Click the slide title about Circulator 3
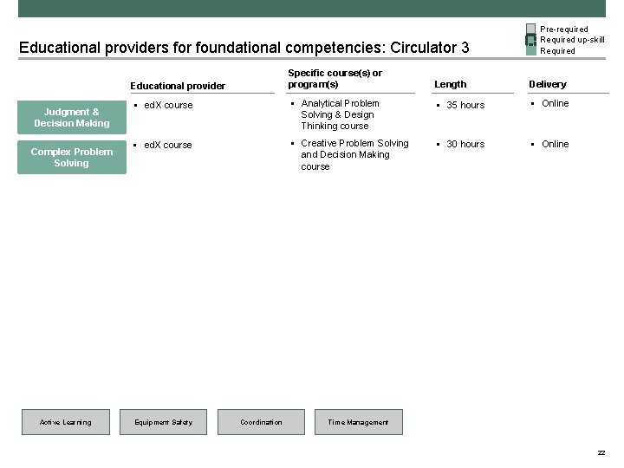[x=244, y=47]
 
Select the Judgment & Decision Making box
[x=72, y=118]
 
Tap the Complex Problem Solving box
[x=72, y=157]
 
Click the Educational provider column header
[x=178, y=86]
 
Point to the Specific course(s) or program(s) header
[x=335, y=79]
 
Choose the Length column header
[x=451, y=84]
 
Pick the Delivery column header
[x=548, y=84]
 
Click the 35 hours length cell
[x=465, y=105]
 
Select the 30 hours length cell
[x=465, y=144]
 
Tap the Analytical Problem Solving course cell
[x=339, y=114]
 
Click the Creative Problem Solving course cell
[x=354, y=154]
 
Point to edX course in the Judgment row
[x=168, y=105]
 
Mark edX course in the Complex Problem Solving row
[x=168, y=145]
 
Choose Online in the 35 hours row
[x=556, y=104]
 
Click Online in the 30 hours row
[x=556, y=144]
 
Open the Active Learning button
[x=66, y=422]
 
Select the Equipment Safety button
[x=164, y=422]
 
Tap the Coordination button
[x=262, y=422]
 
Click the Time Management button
[x=359, y=422]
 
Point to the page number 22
[x=601, y=453]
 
